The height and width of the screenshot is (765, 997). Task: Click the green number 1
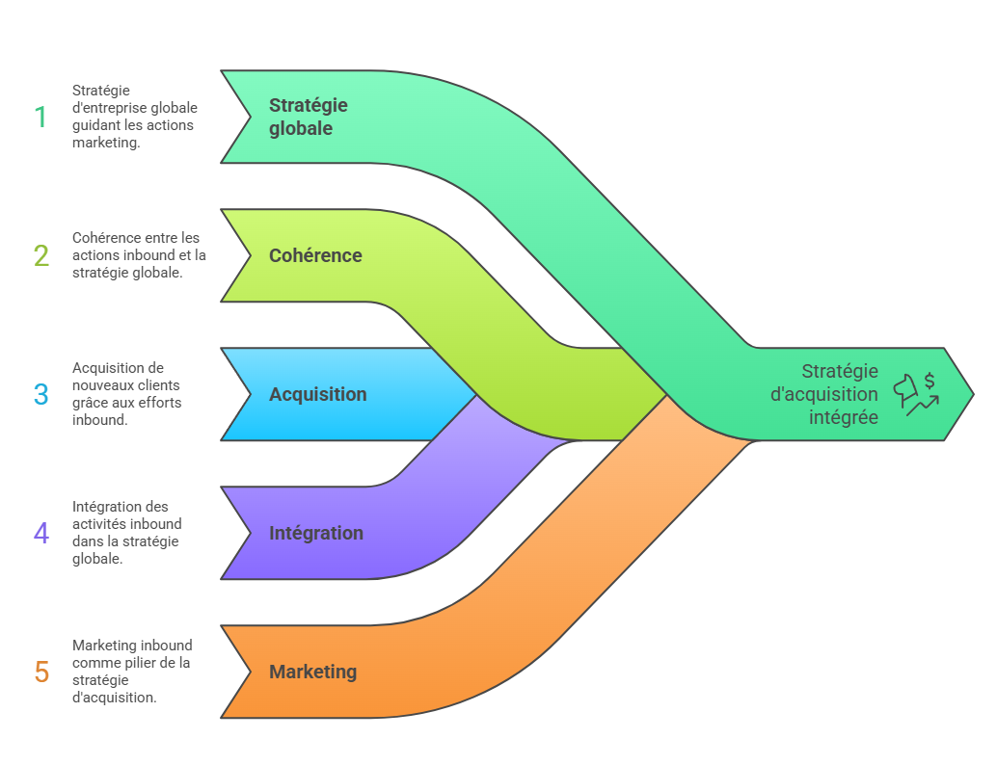[x=40, y=117]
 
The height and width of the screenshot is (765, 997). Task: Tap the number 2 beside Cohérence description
[x=41, y=255]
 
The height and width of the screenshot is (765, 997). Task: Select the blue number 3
[x=41, y=394]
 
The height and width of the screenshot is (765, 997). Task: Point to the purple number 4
[x=41, y=533]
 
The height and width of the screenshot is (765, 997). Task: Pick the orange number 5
[x=41, y=672]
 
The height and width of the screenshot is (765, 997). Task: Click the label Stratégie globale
[x=308, y=117]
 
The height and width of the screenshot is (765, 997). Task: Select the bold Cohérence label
[x=315, y=255]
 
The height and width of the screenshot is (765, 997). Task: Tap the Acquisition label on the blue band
[x=317, y=394]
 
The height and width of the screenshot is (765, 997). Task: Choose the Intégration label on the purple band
[x=316, y=533]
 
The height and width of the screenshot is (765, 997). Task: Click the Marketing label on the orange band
[x=312, y=672]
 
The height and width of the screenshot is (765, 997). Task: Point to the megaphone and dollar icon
[x=916, y=394]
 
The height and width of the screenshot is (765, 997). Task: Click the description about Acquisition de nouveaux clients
[x=126, y=394]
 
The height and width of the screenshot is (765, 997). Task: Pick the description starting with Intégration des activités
[x=126, y=533]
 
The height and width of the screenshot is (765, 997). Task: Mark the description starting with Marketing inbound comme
[x=131, y=672]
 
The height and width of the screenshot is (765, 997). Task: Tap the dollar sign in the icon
[x=930, y=381]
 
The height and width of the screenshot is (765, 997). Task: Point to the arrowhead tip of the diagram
[x=971, y=394]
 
